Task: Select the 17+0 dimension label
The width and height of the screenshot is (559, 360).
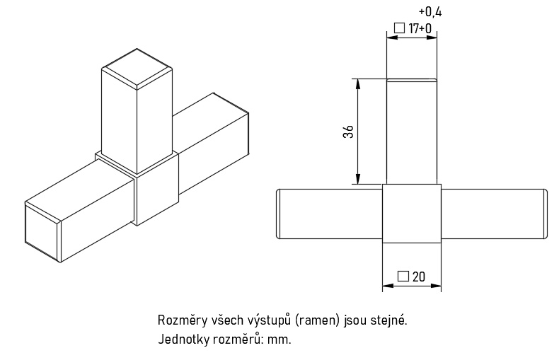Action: click(x=420, y=29)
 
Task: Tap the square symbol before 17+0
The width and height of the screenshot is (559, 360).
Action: click(x=399, y=29)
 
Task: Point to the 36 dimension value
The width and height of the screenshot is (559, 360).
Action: click(x=348, y=132)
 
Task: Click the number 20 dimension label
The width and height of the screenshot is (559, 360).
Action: click(x=418, y=277)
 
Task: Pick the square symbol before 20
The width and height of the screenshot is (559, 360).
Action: click(x=403, y=277)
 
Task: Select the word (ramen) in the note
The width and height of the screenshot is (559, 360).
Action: click(x=318, y=320)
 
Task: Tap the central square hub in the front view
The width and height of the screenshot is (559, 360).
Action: click(x=412, y=213)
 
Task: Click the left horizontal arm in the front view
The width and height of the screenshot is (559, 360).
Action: click(x=329, y=213)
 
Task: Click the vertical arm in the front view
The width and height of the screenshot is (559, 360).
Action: click(x=412, y=132)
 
